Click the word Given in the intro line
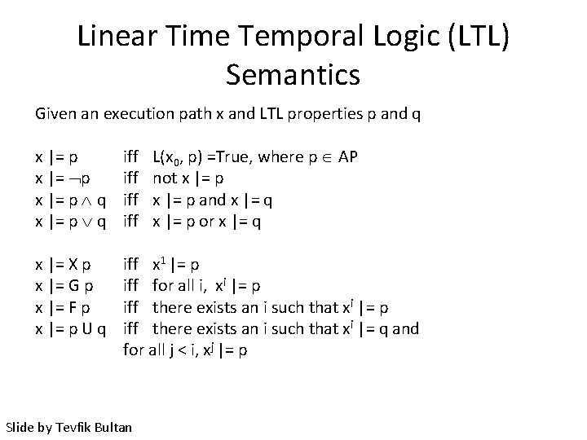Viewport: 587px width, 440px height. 55,114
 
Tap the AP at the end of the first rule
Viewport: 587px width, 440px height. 346,157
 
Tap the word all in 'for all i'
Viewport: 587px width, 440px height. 188,286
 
